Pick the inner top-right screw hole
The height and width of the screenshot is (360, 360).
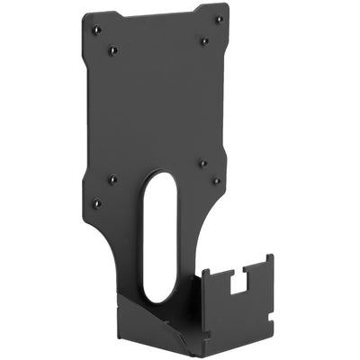coord(203,40)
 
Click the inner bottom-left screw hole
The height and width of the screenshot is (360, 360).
coord(112,177)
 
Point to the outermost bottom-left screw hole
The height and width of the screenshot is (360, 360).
coord(96,203)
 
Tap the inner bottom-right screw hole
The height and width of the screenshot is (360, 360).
coord(202,163)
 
